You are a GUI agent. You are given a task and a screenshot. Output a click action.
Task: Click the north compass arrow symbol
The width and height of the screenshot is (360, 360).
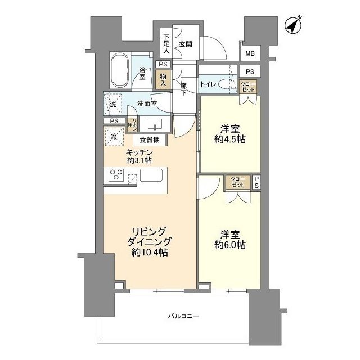292,26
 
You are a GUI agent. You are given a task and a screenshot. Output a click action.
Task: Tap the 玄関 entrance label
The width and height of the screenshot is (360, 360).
186,44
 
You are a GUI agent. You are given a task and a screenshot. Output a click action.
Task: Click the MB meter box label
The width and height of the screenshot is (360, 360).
249,54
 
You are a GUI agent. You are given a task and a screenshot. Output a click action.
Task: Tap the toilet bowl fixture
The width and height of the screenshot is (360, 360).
226,84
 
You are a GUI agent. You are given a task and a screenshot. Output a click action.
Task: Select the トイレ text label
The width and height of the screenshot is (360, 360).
207,85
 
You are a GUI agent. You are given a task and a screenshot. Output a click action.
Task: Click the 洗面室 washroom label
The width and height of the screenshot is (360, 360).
146,104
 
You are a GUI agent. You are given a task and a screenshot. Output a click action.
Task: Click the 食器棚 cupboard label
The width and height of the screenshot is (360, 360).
150,141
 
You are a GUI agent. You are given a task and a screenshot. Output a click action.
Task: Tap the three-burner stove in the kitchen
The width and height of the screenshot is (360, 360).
116,175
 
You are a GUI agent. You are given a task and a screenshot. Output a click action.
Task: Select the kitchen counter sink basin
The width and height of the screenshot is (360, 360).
151,175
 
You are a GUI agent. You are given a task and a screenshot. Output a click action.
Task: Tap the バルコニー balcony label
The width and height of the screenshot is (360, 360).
183,317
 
